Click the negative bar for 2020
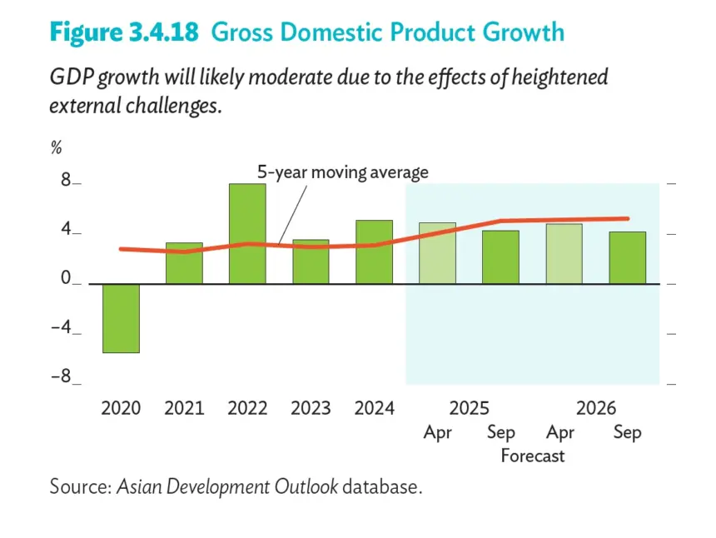coord(121,318)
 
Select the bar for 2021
coord(184,263)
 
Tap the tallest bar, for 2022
coord(247,234)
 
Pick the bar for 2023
coord(311,262)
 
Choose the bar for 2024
coord(375,252)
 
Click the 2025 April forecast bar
coord(437,253)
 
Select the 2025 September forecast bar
coord(501,257)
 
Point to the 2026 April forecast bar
coord(564,254)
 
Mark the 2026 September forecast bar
coord(628,258)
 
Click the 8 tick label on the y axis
coord(67,180)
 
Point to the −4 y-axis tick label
coord(61,327)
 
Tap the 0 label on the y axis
coord(67,277)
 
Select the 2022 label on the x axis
coord(247,408)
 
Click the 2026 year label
coord(596,408)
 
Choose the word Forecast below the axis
coord(533,456)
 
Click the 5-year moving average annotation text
coord(343,172)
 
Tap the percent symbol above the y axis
coord(56,147)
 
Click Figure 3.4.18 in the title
coord(124,32)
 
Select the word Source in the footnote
coord(81,486)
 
